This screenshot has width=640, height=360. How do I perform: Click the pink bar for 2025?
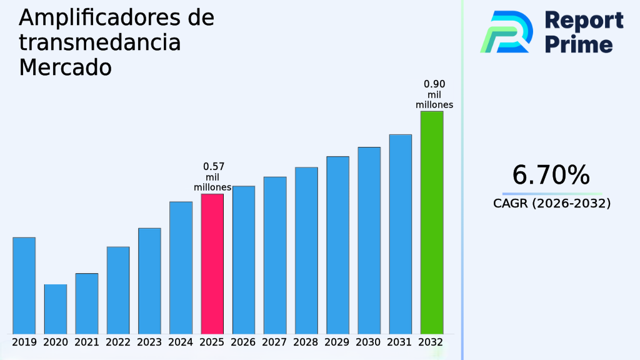point(212,263)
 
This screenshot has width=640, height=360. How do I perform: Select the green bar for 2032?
point(431,222)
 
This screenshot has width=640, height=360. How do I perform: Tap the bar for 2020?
point(55,309)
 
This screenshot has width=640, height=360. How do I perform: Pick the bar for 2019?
point(24,285)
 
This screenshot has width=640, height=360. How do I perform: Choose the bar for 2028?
point(306,250)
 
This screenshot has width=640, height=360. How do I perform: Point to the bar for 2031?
point(400,234)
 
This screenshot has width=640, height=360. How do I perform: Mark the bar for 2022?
point(118,290)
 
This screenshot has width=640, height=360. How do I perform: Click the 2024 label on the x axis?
point(181,342)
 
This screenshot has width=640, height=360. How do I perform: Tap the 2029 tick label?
point(337,342)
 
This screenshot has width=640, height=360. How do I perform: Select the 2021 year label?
point(87,342)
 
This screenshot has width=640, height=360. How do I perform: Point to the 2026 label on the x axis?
point(243,342)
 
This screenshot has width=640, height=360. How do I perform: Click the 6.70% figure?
point(551,175)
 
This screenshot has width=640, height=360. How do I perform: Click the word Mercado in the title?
point(65,67)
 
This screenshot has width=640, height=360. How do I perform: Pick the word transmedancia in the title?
point(100,42)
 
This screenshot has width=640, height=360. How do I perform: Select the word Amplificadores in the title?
point(99,17)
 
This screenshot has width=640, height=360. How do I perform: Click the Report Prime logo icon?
point(506,32)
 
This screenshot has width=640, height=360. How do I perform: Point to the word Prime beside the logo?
point(579,44)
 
